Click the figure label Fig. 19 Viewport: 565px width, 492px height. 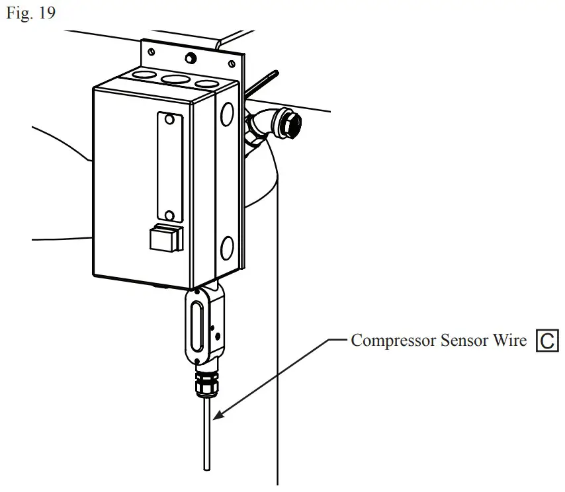(30, 14)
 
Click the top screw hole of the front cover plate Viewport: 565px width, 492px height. (169, 120)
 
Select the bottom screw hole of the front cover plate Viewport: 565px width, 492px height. (169, 215)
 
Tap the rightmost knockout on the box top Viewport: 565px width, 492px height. (206, 84)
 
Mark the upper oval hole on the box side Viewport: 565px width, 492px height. (227, 113)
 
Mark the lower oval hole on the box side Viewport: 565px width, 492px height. (226, 249)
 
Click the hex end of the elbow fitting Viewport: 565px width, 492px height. (290, 122)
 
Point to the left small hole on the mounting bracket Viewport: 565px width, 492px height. (152, 51)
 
